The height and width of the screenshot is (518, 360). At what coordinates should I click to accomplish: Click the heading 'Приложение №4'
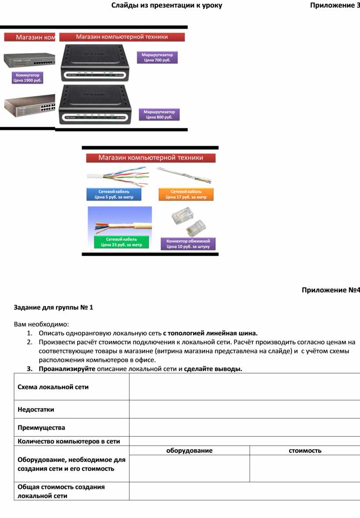coord(330,290)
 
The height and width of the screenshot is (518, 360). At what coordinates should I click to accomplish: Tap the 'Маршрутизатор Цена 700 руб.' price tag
coord(157,57)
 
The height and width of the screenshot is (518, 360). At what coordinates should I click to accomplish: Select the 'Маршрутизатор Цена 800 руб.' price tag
coord(159,115)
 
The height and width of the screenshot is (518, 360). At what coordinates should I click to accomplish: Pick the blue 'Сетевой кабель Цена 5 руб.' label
coord(114,195)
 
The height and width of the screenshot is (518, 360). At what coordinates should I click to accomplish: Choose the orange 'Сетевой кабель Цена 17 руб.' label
coord(186,195)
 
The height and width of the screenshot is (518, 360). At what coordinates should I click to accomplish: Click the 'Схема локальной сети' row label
coord(53,387)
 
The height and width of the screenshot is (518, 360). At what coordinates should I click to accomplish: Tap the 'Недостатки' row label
coord(36,409)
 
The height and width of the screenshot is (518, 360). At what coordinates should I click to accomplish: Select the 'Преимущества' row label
coord(41,428)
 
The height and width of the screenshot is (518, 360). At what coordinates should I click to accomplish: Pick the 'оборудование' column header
coord(189,450)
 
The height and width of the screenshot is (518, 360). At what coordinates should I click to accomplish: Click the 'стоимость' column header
coord(305,450)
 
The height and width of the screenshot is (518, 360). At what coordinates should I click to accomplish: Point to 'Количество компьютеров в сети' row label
coord(68,441)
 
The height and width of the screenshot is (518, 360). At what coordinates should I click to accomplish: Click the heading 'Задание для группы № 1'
coord(53,308)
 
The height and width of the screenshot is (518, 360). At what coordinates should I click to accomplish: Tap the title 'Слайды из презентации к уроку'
coord(166,5)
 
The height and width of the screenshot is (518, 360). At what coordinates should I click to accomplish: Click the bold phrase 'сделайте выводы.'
coord(213,369)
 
